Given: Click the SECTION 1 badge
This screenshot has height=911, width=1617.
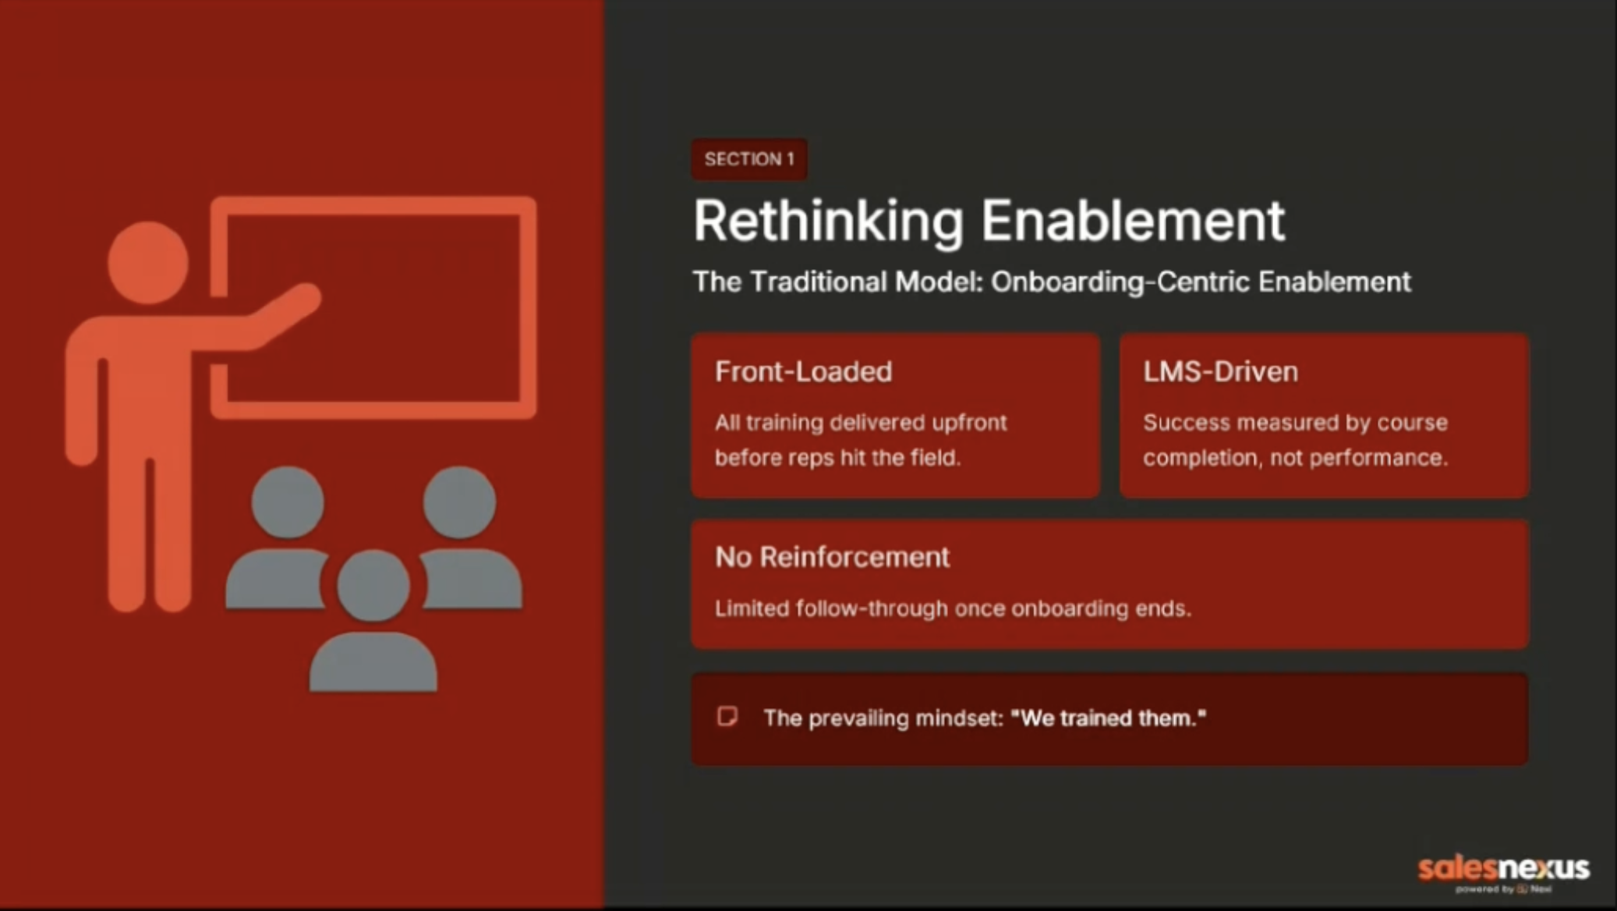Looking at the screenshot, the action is click(x=749, y=159).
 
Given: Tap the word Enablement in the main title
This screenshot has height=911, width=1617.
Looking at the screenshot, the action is click(x=1133, y=221).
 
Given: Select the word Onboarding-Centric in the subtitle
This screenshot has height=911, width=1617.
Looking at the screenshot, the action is click(x=1120, y=282).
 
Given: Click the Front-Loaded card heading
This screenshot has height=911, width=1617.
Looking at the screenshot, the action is click(x=803, y=371).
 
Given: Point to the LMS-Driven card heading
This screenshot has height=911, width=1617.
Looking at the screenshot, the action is click(x=1220, y=371).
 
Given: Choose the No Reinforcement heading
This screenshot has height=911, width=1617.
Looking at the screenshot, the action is click(x=832, y=557).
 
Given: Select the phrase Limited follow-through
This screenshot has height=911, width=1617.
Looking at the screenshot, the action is click(x=831, y=608).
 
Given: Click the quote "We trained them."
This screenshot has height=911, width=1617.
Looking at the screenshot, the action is click(x=1108, y=718).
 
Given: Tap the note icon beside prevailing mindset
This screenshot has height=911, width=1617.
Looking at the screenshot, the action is click(x=727, y=716).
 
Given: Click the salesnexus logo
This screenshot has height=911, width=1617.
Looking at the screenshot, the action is click(x=1503, y=871).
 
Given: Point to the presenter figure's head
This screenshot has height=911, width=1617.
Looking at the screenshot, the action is click(x=148, y=262).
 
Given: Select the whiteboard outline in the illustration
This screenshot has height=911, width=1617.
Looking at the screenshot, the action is click(x=529, y=308).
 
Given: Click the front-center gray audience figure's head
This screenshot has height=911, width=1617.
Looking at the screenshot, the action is click(x=373, y=585).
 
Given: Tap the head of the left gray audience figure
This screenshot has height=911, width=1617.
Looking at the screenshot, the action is click(x=288, y=502).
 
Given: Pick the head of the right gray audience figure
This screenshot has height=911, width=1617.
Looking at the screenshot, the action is click(x=459, y=502).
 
